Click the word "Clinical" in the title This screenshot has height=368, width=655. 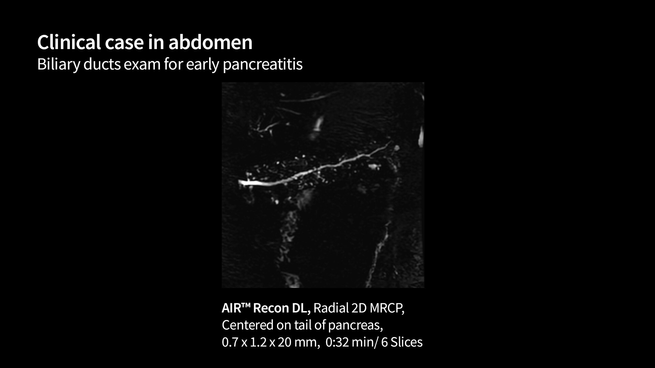pyautogui.click(x=69, y=42)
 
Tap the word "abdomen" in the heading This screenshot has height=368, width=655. pyautogui.click(x=210, y=42)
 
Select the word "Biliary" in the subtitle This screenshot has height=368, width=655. pyautogui.click(x=58, y=64)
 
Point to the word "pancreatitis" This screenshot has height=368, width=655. pyautogui.click(x=263, y=64)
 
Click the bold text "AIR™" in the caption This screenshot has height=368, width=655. pyautogui.click(x=236, y=308)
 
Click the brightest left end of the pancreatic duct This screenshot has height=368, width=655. pyautogui.click(x=243, y=182)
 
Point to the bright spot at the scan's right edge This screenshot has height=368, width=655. pyautogui.click(x=421, y=136)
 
